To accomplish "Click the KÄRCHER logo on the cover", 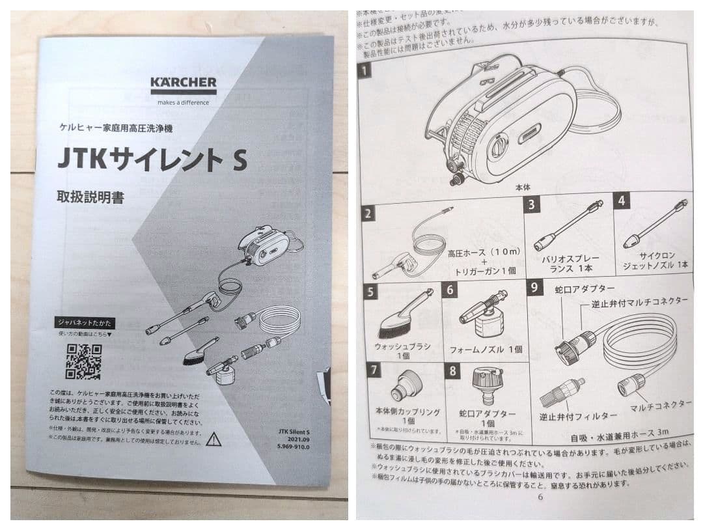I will coord(184,84).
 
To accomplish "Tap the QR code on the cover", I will coord(84,361).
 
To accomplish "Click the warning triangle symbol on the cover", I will coord(213,439).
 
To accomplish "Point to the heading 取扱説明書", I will coord(90,197).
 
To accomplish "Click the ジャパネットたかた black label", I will coord(85,322).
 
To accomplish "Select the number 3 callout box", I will coord(532,204).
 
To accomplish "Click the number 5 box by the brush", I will coord(370,291).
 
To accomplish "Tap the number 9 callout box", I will coord(534,287).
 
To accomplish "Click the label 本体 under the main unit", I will coord(523,187).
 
